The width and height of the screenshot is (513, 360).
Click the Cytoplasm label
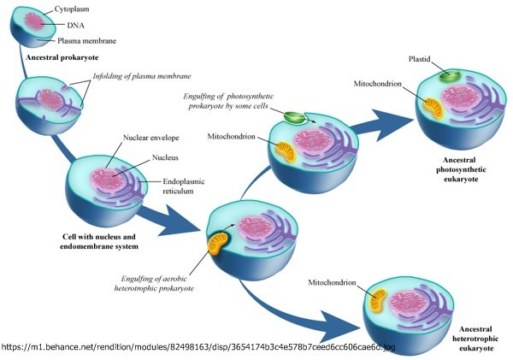point(72,9)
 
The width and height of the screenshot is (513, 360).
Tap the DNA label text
point(75,25)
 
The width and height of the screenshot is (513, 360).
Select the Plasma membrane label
point(86,41)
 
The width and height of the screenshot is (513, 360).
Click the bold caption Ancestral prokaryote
point(62,57)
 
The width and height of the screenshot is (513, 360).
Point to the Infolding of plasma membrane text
point(142,76)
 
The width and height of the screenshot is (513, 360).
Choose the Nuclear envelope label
point(150,138)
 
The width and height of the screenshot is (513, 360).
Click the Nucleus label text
point(165,157)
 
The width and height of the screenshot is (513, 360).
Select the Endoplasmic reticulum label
point(184,186)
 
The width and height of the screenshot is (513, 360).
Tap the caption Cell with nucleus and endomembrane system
point(99,241)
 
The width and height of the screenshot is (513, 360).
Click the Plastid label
point(420,59)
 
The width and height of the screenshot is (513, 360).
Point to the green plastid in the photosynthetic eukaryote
point(450,76)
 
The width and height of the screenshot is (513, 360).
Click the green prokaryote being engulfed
point(294,118)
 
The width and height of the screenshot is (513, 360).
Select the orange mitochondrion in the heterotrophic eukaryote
point(378,300)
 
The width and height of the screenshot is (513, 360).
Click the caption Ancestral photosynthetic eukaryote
point(461,169)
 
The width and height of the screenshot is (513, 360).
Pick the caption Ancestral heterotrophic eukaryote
point(475,339)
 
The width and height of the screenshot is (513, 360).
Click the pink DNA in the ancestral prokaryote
point(34,21)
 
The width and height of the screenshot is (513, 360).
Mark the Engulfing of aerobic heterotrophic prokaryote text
point(154,283)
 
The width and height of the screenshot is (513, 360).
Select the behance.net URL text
point(198,347)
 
